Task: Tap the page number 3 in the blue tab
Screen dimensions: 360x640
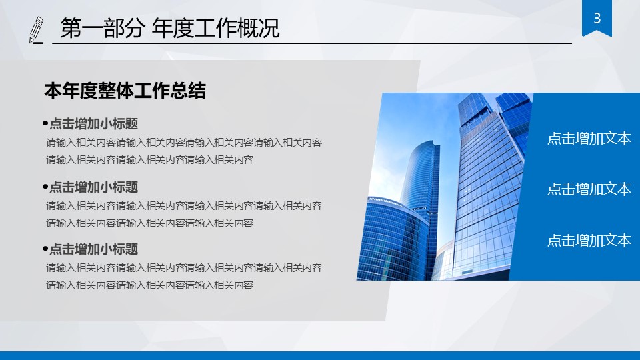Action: (x=597, y=18)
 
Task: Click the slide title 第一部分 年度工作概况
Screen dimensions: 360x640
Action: (x=169, y=29)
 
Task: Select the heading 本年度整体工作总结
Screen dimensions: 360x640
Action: (x=125, y=91)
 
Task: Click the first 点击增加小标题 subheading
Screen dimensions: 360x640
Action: (x=93, y=123)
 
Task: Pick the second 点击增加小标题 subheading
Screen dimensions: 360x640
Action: (x=93, y=187)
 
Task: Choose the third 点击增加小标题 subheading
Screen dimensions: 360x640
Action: (x=93, y=249)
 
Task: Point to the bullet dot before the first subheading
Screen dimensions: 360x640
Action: (x=45, y=123)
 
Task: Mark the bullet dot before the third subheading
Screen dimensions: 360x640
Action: (x=45, y=249)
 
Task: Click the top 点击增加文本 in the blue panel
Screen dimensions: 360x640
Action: (x=589, y=139)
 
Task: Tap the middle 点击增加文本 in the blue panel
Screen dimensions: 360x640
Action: (x=589, y=189)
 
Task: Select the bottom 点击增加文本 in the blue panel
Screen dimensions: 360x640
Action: (x=589, y=240)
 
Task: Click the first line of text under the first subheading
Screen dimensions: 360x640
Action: (x=184, y=142)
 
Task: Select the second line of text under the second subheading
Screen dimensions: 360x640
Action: (x=149, y=223)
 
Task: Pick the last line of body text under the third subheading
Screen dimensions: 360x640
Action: (x=149, y=285)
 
